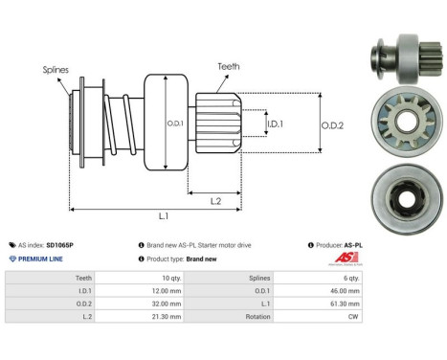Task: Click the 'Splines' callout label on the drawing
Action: click(x=56, y=70)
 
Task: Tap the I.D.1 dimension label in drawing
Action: click(x=274, y=124)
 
